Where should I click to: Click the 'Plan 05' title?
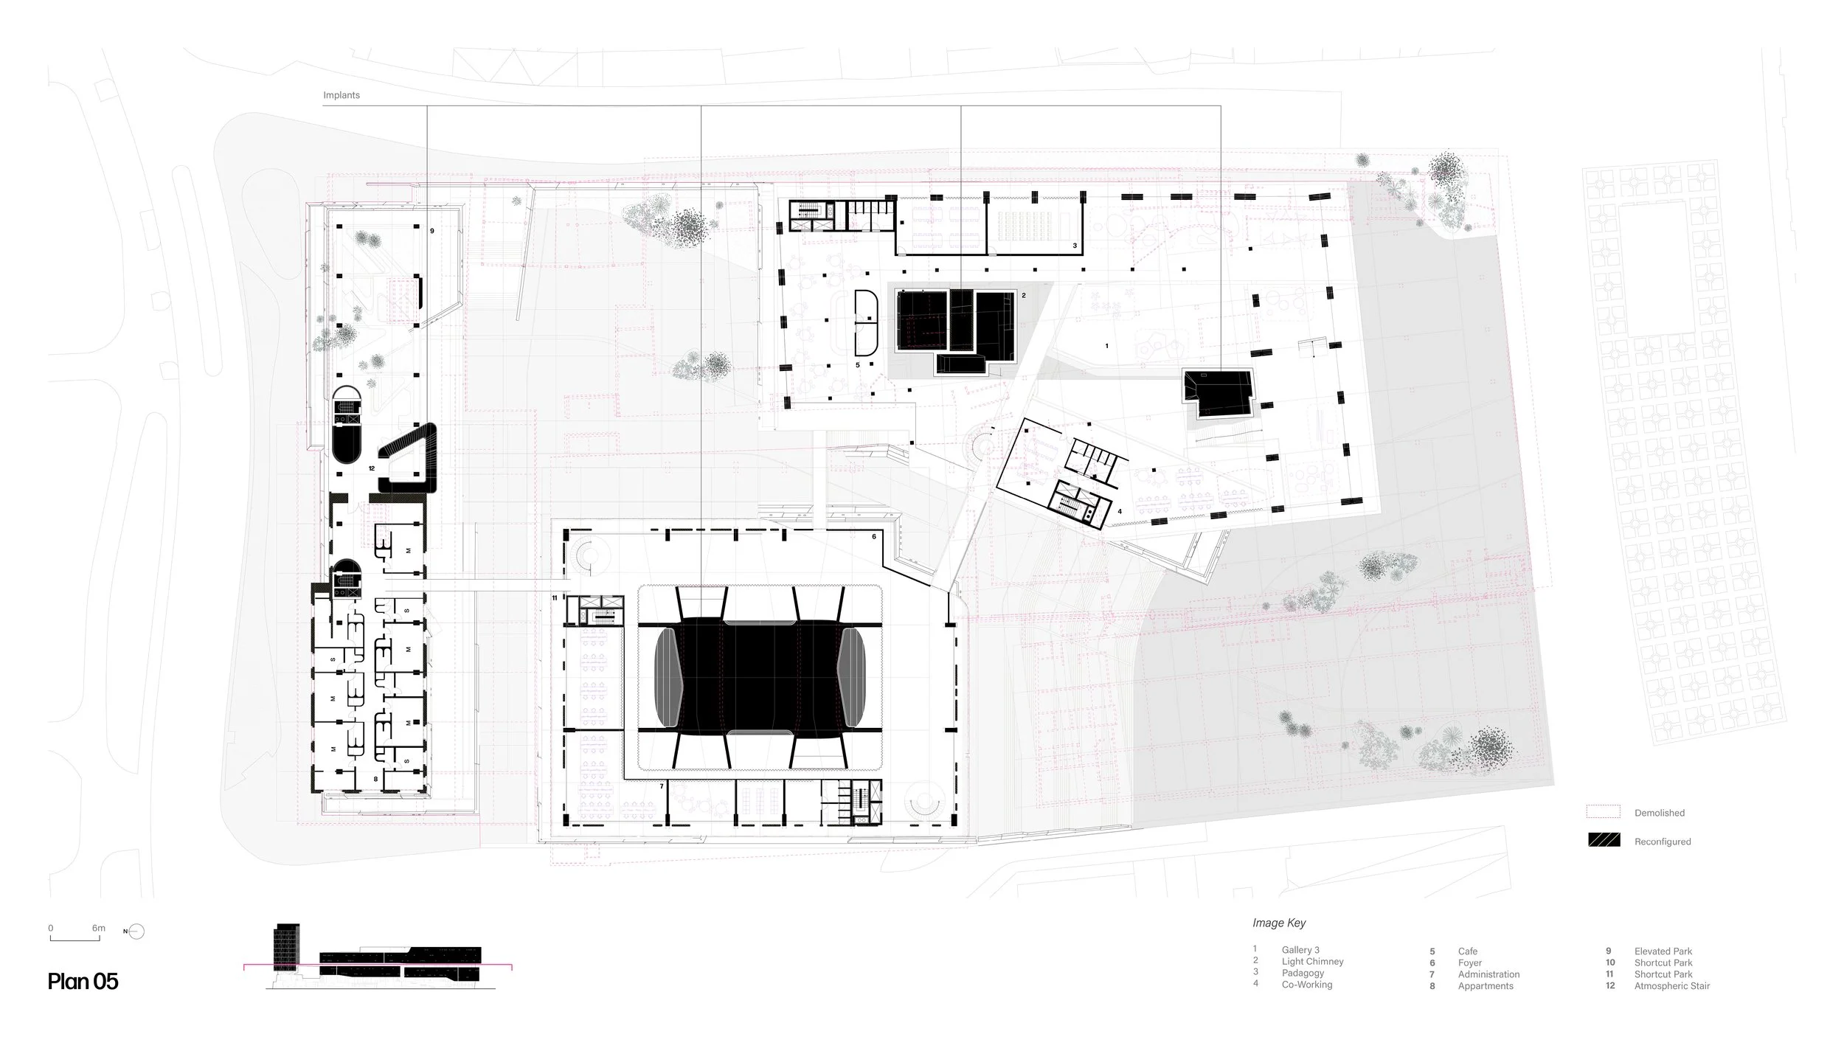point(83,982)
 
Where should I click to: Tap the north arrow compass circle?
point(137,932)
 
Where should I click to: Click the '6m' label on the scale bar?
point(99,929)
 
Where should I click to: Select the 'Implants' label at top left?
point(342,95)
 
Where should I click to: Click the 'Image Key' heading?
point(1279,923)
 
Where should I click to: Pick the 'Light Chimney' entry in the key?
point(1312,962)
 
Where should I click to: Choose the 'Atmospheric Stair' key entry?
point(1671,986)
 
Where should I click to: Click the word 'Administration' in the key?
point(1488,974)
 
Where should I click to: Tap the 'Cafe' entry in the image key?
point(1468,951)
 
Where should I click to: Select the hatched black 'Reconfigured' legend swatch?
point(1604,841)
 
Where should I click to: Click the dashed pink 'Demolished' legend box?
point(1604,812)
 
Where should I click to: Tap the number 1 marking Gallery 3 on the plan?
point(1107,346)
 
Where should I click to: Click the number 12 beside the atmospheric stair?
point(372,468)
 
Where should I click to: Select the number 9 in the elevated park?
point(432,231)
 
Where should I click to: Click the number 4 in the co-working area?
point(1120,511)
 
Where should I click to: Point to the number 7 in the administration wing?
point(662,787)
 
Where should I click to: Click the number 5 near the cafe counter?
point(858,365)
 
